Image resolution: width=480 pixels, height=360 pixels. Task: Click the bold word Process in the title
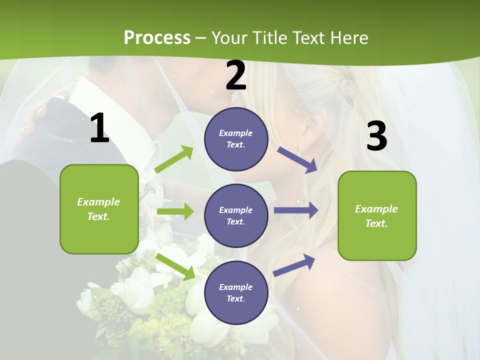157,38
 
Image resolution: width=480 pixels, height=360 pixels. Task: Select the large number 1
99,128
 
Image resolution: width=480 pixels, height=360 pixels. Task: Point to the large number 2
236,75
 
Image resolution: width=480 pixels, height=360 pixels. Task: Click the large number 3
376,136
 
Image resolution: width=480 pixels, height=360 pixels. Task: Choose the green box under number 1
99,209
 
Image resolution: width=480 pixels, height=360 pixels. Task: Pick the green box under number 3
377,215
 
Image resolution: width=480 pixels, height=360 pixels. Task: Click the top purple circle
236,139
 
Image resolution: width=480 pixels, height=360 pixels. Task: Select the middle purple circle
236,215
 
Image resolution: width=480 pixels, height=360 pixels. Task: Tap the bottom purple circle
236,292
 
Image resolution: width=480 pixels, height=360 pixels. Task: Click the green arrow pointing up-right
174,159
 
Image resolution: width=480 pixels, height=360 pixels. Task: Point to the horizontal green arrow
175,211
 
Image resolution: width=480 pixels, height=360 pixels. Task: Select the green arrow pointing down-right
175,266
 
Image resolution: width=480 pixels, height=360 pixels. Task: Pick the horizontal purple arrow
296,210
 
